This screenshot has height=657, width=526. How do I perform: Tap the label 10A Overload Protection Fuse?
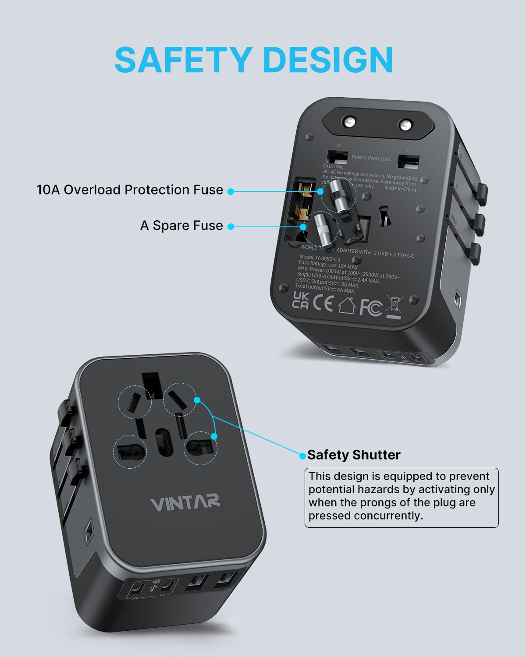coord(130,190)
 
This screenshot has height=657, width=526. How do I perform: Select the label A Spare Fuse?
coord(181,226)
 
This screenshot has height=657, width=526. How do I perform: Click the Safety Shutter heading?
coord(354,455)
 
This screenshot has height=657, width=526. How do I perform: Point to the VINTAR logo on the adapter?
coord(185,503)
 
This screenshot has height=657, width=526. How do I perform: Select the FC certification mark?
coord(370,307)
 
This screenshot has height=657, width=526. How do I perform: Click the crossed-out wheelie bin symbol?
coord(394,307)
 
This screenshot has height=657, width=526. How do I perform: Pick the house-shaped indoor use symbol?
coord(346,305)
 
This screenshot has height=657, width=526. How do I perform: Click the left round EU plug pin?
coord(350,122)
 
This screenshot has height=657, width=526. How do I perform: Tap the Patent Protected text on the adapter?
coord(371,158)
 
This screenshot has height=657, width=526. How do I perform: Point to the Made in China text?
coord(400,188)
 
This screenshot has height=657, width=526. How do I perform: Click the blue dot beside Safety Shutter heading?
coord(302,456)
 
